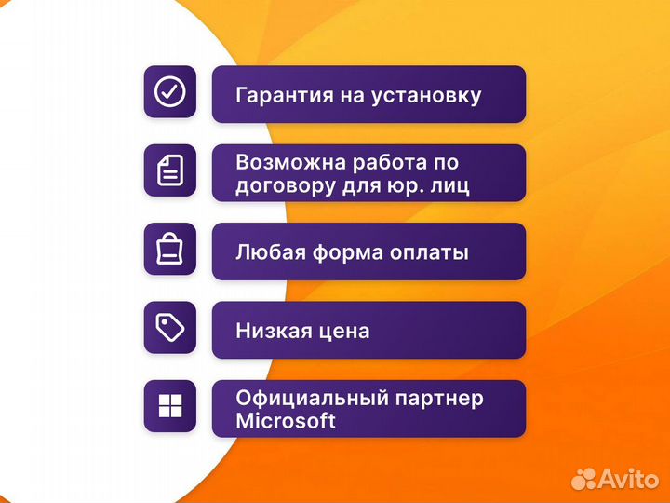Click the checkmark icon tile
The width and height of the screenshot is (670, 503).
coord(169,91)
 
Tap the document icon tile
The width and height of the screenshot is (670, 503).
coord(169,170)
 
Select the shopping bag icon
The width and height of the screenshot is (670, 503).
coord(169,250)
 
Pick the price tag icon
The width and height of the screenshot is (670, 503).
coord(169,328)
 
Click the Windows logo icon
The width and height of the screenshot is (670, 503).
coord(169,406)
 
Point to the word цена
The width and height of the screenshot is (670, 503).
coord(344,331)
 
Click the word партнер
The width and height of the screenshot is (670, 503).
coord(439,399)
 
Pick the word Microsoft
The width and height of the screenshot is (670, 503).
coord(286,421)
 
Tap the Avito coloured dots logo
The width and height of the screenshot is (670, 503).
coord(583,479)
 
